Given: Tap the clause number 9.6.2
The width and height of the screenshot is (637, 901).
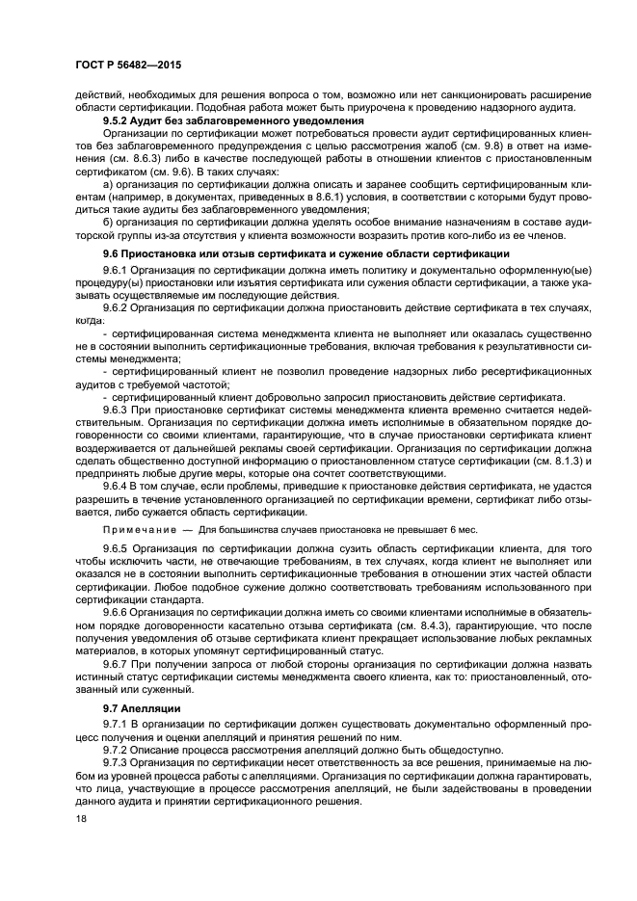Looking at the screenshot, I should pyautogui.click(x=116, y=305).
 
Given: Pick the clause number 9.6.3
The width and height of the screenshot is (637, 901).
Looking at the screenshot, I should pyautogui.click(x=116, y=409).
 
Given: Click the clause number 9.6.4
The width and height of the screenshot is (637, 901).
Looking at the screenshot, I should pyautogui.click(x=116, y=485).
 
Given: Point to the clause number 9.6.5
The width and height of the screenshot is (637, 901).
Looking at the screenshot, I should pyautogui.click(x=116, y=547).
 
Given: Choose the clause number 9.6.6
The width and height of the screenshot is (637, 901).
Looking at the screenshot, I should pyautogui.click(x=116, y=610).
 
